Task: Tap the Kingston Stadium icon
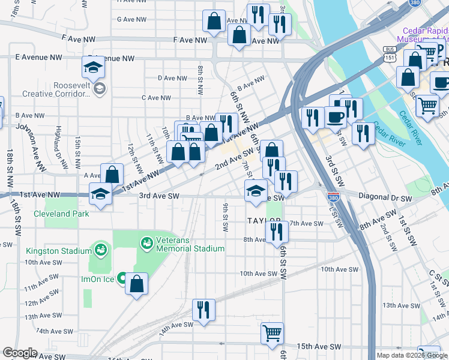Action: coord(100,249)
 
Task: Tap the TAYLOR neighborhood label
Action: coord(264,221)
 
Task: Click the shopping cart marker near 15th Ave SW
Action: coord(272,332)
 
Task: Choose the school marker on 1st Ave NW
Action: coord(100,194)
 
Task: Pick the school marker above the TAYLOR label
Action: coord(256,191)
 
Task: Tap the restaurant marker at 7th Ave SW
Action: coord(276,231)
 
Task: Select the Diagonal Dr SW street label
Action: coord(385,197)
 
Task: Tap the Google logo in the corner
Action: coord(19,352)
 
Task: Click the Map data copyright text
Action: coord(411,355)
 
